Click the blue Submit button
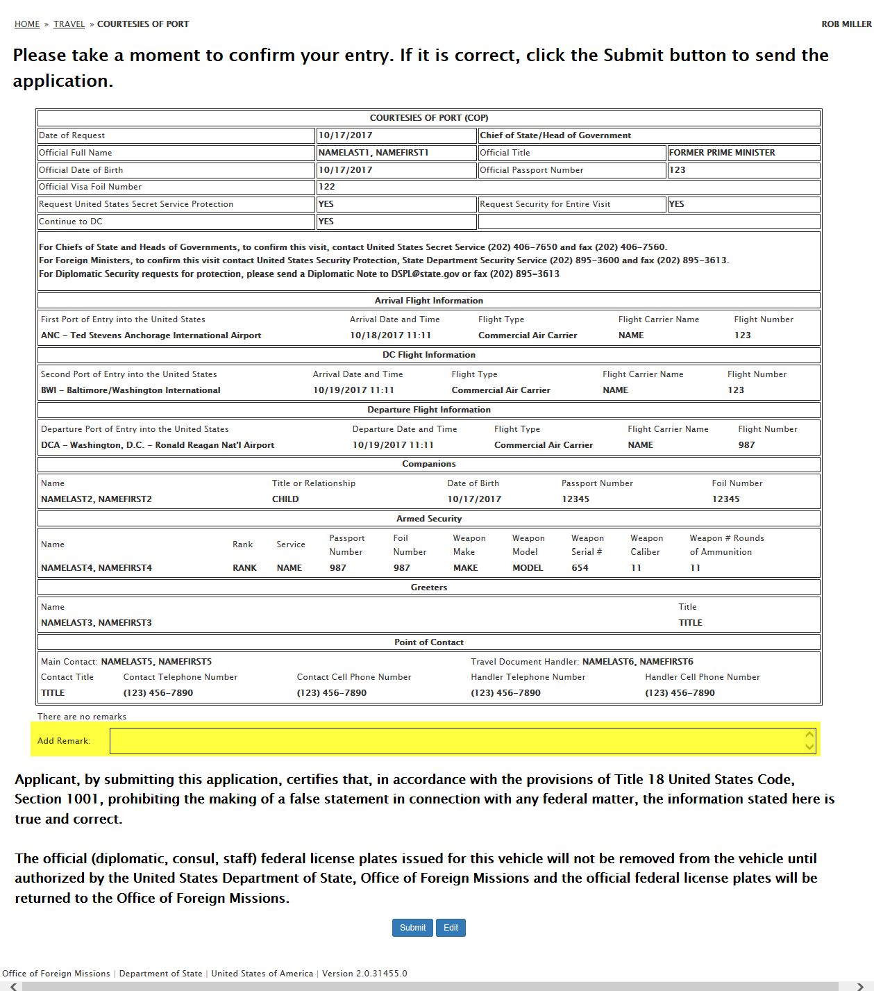click(412, 928)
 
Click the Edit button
click(451, 928)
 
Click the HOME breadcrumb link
click(27, 24)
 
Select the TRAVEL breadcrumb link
click(69, 24)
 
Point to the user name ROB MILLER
click(846, 24)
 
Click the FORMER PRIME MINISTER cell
click(722, 153)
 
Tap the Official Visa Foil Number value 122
click(327, 187)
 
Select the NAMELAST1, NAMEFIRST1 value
click(373, 153)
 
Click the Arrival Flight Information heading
click(429, 301)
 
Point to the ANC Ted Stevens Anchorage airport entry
click(151, 335)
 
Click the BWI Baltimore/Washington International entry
click(131, 390)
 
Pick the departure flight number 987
click(746, 445)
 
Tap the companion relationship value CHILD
click(285, 499)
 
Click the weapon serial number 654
click(580, 568)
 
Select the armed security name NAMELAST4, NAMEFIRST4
click(96, 568)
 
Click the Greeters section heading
click(429, 588)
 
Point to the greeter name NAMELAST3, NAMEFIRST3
click(96, 623)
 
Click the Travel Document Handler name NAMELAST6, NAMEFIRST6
click(637, 662)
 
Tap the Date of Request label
click(72, 135)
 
